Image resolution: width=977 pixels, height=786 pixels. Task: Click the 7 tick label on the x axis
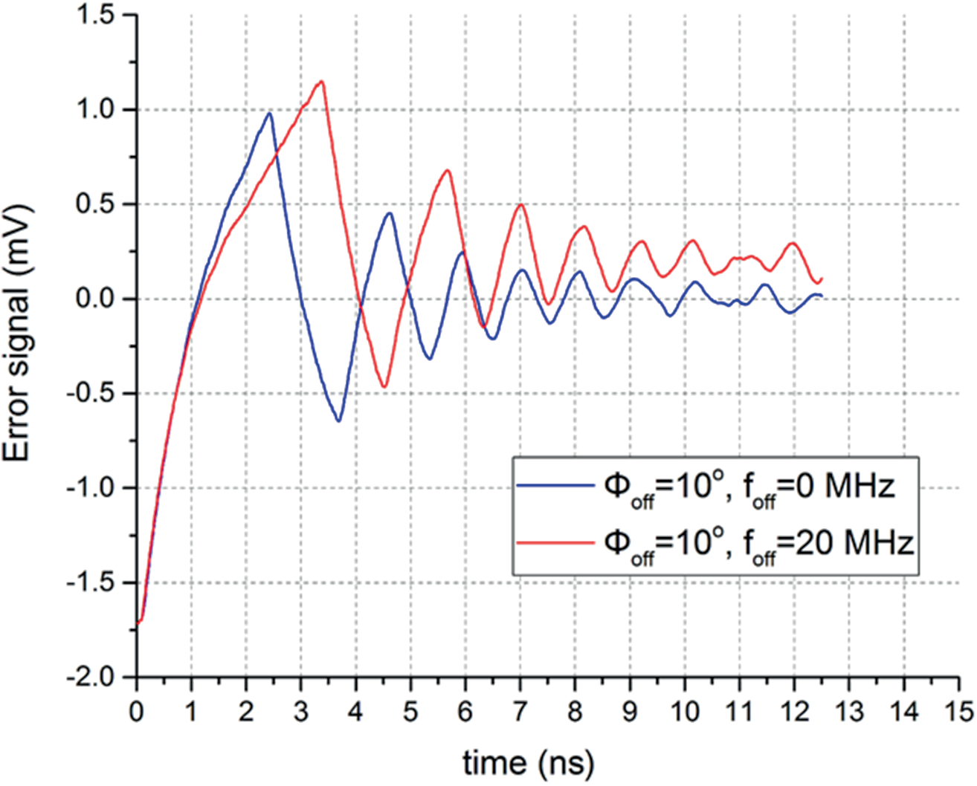coord(520,711)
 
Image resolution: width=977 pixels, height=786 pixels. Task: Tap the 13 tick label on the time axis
coord(849,711)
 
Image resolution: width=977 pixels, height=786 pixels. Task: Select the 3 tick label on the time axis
coord(300,711)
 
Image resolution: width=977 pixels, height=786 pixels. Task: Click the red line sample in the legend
coord(555,543)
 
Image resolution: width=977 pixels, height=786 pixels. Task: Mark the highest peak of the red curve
coord(322,81)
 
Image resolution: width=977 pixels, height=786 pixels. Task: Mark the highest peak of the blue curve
coord(269,113)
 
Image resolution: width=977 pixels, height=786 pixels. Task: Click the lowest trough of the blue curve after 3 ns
coord(339,421)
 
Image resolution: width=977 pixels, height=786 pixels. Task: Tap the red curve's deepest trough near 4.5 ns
coord(384,387)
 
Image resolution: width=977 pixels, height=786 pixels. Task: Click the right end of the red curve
coord(822,279)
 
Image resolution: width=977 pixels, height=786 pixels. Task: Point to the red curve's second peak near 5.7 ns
coord(448,170)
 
